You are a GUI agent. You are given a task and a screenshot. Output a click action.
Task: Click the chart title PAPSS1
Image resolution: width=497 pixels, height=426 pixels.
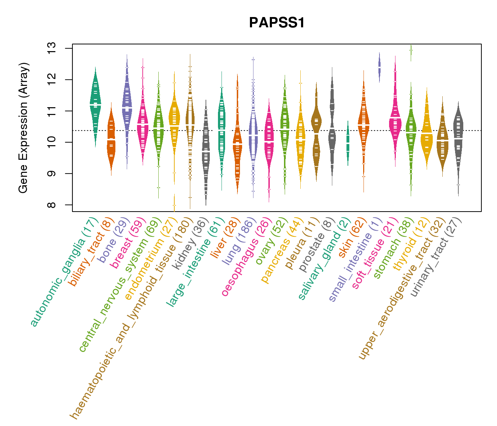pyautogui.click(x=277, y=23)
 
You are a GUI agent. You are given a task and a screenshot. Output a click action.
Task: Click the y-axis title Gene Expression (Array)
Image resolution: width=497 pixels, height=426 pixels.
pyautogui.click(x=23, y=128)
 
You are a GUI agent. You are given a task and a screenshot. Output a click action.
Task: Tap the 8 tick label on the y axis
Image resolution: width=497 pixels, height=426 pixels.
pyautogui.click(x=52, y=205)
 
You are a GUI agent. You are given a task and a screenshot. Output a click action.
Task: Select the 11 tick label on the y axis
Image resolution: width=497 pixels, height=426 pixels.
pyautogui.click(x=52, y=111)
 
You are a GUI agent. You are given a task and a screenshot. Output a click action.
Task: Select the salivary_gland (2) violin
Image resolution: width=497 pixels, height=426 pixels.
pyautogui.click(x=348, y=142)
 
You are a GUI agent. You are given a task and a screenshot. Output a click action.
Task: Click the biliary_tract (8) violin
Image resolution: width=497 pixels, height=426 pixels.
pyautogui.click(x=111, y=138)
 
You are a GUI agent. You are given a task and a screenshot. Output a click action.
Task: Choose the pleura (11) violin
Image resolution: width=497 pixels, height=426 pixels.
pyautogui.click(x=316, y=131)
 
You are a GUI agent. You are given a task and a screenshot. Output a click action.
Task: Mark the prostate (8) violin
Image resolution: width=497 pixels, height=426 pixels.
pyautogui.click(x=332, y=128)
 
